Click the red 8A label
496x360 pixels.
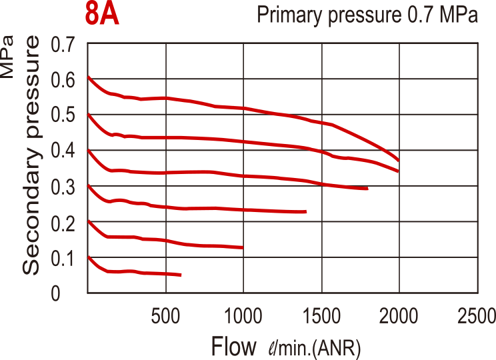click(103, 15)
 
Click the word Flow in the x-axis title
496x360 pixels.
click(233, 346)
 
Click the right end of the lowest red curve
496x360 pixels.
click(181, 275)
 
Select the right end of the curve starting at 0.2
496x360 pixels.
click(243, 247)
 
